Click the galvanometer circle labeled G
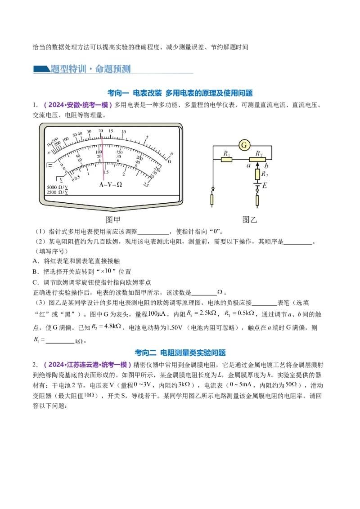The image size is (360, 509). tap(244, 145)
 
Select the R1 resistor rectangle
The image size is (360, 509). tap(227, 159)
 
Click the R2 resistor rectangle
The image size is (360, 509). tap(258, 174)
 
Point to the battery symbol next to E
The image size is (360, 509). tap(258, 184)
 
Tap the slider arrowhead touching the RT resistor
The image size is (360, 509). tap(258, 164)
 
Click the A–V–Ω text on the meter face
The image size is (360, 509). tap(110, 184)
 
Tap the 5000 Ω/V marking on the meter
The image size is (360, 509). tap(57, 187)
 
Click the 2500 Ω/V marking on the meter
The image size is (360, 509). tap(57, 192)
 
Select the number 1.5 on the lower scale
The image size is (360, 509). tap(106, 172)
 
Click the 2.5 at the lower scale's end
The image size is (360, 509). tap(146, 184)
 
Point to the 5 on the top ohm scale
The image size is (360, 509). tap(147, 137)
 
